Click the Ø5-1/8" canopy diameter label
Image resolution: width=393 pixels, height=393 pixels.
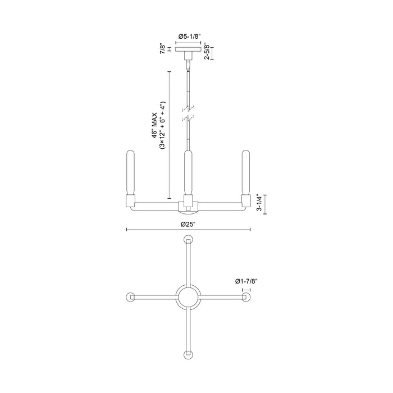pyautogui.click(x=188, y=36)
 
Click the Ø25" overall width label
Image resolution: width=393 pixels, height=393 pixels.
pyautogui.click(x=188, y=224)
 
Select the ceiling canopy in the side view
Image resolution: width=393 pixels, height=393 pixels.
pyautogui.click(x=188, y=49)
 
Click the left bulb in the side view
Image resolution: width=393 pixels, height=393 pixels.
pyautogui.click(x=130, y=171)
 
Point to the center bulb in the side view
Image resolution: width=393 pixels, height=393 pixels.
pyautogui.click(x=188, y=171)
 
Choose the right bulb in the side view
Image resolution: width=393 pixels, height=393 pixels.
pyautogui.click(x=245, y=171)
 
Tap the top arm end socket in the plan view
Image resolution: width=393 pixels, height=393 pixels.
pyautogui.click(x=188, y=238)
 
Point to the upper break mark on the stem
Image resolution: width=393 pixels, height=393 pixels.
pyautogui.click(x=188, y=106)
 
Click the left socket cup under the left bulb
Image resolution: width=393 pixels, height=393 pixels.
pyautogui.click(x=130, y=200)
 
